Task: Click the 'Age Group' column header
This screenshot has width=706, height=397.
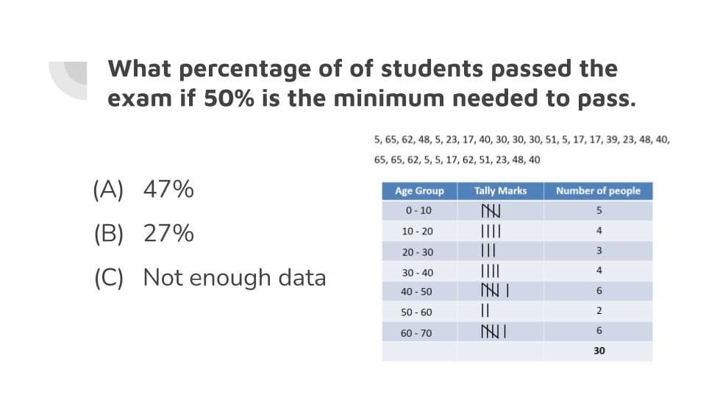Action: tap(419, 191)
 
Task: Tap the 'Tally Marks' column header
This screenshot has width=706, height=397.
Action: tap(500, 191)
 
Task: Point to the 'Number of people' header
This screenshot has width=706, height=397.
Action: tap(598, 191)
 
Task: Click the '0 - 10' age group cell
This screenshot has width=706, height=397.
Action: tap(418, 210)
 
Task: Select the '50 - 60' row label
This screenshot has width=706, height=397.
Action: tap(416, 312)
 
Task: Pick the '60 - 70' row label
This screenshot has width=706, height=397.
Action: tap(416, 333)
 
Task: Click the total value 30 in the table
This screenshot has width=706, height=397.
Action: tap(599, 351)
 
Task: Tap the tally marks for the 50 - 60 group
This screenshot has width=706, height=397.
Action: tap(485, 310)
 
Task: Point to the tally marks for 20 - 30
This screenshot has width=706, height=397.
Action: tap(488, 250)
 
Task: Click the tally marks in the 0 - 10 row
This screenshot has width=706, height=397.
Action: tap(491, 211)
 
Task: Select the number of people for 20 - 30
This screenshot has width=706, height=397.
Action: tap(599, 250)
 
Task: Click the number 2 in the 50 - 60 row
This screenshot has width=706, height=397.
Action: tap(599, 310)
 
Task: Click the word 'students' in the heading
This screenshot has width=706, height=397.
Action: tap(432, 68)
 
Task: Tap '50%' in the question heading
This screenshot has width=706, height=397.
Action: tap(229, 98)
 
